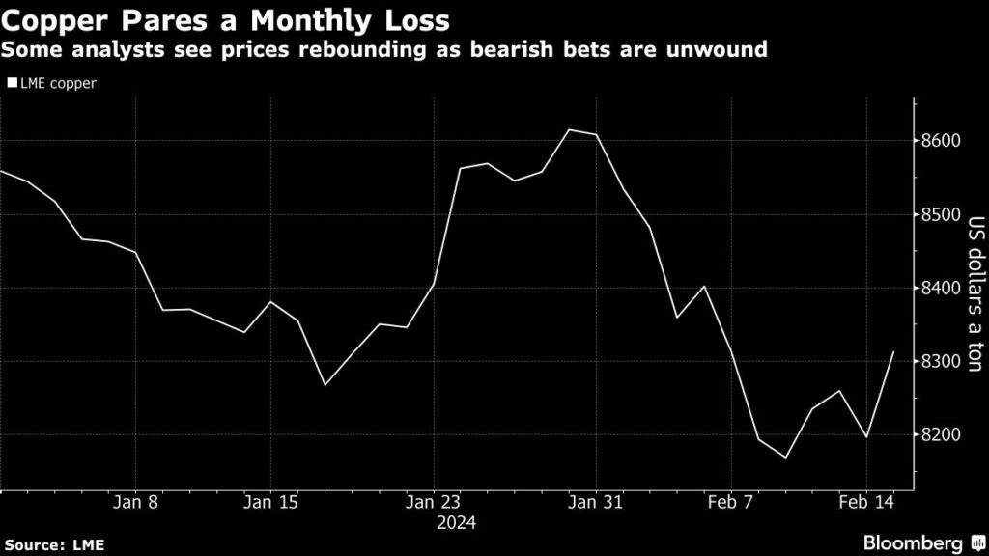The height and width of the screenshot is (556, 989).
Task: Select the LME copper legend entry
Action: coord(55,83)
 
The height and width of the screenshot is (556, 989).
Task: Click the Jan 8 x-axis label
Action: coord(136,503)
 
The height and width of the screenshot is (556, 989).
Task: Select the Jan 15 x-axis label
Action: coord(269,503)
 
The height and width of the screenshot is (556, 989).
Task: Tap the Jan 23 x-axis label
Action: coord(434,503)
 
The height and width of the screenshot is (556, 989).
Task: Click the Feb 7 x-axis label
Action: coord(730,503)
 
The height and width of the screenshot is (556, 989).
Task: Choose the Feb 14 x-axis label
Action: coord(865,503)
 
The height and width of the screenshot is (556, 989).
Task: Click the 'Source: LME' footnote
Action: coord(53,544)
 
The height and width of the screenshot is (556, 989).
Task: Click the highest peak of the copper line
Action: coord(569,129)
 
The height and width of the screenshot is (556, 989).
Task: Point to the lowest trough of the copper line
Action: coord(785,458)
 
